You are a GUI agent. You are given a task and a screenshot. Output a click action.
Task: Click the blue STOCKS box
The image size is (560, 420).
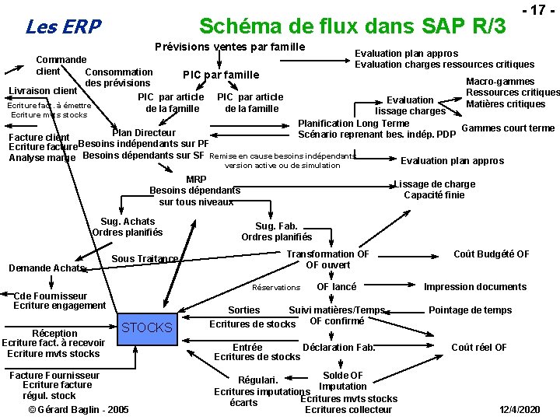click(147, 327)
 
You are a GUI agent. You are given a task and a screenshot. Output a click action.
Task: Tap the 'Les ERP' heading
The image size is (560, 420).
click(63, 27)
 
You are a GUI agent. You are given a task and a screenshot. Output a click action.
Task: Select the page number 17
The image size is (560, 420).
click(536, 11)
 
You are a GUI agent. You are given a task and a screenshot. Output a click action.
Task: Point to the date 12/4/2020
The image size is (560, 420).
click(520, 409)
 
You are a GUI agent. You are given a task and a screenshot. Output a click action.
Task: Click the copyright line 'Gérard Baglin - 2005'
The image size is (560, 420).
click(79, 409)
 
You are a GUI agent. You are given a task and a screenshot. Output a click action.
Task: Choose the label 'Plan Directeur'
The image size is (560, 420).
click(144, 132)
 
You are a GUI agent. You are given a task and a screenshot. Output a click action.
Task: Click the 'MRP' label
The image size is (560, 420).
click(196, 179)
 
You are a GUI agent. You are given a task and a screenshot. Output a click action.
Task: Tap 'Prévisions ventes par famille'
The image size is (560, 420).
click(230, 47)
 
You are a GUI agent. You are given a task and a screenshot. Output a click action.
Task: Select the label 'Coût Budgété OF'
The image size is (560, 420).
click(492, 254)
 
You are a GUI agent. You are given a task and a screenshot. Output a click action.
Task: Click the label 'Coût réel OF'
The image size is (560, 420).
click(479, 347)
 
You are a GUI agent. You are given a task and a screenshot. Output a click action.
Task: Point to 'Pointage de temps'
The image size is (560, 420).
click(470, 310)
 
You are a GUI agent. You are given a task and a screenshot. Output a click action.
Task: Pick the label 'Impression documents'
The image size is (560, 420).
click(474, 286)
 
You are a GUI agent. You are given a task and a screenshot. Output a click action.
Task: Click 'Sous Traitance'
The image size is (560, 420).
click(145, 258)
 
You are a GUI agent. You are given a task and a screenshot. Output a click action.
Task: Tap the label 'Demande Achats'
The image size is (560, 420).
click(47, 268)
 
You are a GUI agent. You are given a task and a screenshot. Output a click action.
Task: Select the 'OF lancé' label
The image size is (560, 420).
click(336, 286)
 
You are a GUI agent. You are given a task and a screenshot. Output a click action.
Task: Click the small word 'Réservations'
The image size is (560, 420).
click(276, 288)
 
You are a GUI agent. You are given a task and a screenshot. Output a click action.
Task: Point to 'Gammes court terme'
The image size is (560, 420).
click(508, 128)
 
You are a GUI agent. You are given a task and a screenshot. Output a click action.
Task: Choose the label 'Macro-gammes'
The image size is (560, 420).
click(500, 81)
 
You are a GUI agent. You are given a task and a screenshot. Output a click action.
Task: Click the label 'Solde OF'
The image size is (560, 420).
click(342, 376)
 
